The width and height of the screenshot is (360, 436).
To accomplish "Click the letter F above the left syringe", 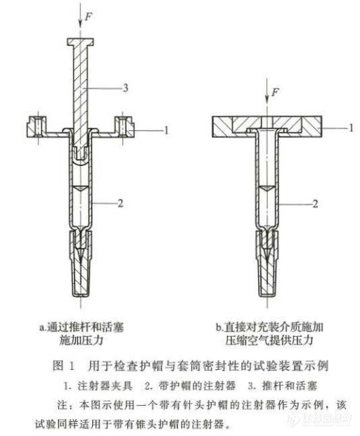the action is (88, 17).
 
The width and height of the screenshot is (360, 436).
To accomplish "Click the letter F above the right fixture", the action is (275, 91).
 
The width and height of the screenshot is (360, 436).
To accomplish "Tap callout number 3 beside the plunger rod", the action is (125, 88).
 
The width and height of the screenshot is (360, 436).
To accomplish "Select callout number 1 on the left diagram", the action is (166, 130).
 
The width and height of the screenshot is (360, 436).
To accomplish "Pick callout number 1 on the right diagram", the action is (351, 127).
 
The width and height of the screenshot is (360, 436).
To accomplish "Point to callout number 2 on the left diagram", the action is (120, 203).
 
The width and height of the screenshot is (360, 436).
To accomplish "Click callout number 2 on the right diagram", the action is (315, 204).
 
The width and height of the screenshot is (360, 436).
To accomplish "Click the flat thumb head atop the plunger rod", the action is (80, 41).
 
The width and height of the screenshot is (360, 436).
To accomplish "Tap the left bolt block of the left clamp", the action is (37, 127).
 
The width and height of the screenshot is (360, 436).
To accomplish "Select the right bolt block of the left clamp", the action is (124, 127).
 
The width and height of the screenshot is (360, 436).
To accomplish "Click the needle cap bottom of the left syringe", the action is (81, 293).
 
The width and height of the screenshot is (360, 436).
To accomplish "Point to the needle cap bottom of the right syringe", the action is (267, 293).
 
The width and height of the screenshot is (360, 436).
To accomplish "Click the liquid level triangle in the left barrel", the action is (81, 188).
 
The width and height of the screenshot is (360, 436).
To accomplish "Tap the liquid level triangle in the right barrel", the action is (267, 188).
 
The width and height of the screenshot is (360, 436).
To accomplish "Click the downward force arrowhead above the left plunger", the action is (80, 25).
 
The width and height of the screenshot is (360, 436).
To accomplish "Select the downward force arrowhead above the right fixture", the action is (267, 99).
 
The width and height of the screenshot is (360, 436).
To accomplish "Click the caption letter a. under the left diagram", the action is (43, 327).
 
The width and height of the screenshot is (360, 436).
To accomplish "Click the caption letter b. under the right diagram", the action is (220, 327).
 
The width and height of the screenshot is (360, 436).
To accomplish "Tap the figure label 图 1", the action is (64, 366).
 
